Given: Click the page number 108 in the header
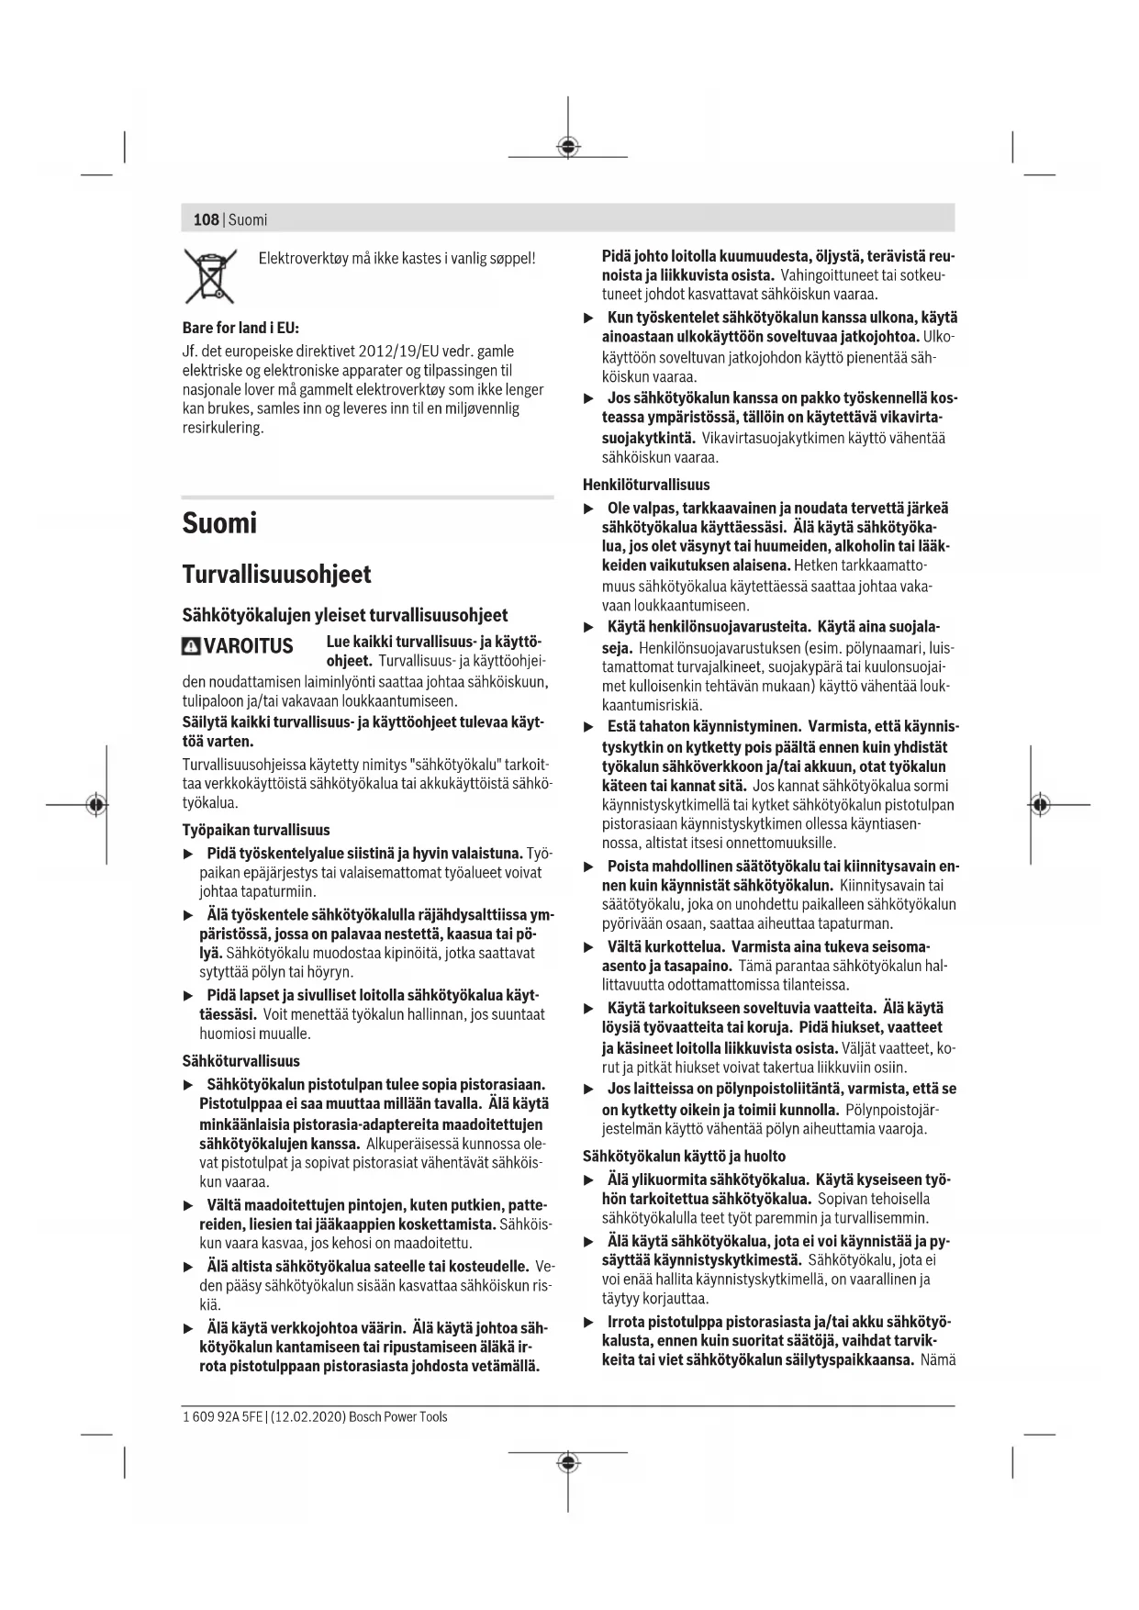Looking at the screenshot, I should (206, 219).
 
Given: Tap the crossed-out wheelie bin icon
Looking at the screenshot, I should (209, 276).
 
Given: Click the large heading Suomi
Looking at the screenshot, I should (219, 523).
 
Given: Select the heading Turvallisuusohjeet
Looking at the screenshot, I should (276, 575).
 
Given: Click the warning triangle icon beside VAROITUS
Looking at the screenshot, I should (191, 646).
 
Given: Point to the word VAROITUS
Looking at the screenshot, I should (248, 646).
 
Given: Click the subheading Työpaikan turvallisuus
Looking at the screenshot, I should (256, 830).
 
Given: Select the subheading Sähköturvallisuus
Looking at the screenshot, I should (240, 1061).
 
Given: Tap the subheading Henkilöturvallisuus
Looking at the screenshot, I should (646, 485).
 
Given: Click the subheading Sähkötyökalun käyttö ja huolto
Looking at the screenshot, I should (684, 1156).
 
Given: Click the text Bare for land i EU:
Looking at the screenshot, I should (240, 328).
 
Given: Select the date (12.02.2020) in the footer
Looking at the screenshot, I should (308, 1416).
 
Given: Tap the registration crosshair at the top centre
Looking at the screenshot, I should (568, 147).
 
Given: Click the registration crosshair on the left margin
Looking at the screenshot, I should (95, 805).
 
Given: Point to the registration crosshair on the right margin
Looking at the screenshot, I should (1039, 805).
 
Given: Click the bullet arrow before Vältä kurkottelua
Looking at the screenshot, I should (589, 947).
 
